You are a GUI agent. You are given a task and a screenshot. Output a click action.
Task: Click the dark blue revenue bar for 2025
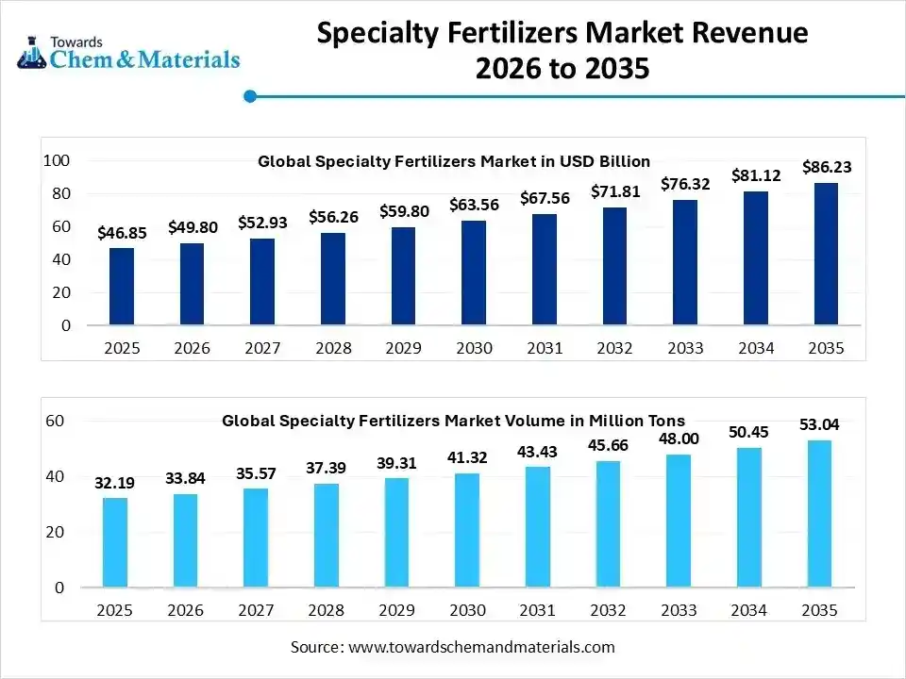[122, 287]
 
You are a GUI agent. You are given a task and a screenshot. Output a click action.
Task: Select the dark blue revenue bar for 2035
[826, 254]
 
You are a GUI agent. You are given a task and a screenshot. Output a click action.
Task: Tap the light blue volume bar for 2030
[467, 530]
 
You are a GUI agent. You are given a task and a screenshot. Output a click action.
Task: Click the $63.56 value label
[475, 205]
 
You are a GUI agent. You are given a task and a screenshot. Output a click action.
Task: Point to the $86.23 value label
[827, 167]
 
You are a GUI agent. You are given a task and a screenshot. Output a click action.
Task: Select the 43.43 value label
[538, 452]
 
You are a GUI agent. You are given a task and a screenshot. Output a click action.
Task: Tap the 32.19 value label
[114, 483]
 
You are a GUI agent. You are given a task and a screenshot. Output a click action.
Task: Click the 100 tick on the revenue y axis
[58, 161]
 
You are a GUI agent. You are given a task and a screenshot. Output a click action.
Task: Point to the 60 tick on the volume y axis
[54, 421]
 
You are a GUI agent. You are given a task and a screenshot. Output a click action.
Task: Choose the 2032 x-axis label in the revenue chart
[614, 349]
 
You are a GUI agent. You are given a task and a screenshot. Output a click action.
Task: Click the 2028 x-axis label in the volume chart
[327, 610]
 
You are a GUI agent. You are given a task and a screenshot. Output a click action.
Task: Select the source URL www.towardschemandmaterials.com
[481, 647]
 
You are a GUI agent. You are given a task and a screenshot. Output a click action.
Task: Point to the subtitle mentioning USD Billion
[454, 161]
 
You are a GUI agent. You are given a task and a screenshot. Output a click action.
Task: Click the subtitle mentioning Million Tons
[454, 421]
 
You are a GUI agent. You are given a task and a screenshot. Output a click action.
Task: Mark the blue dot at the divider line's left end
[250, 96]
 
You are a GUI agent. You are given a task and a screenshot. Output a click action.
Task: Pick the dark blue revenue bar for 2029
[403, 276]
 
